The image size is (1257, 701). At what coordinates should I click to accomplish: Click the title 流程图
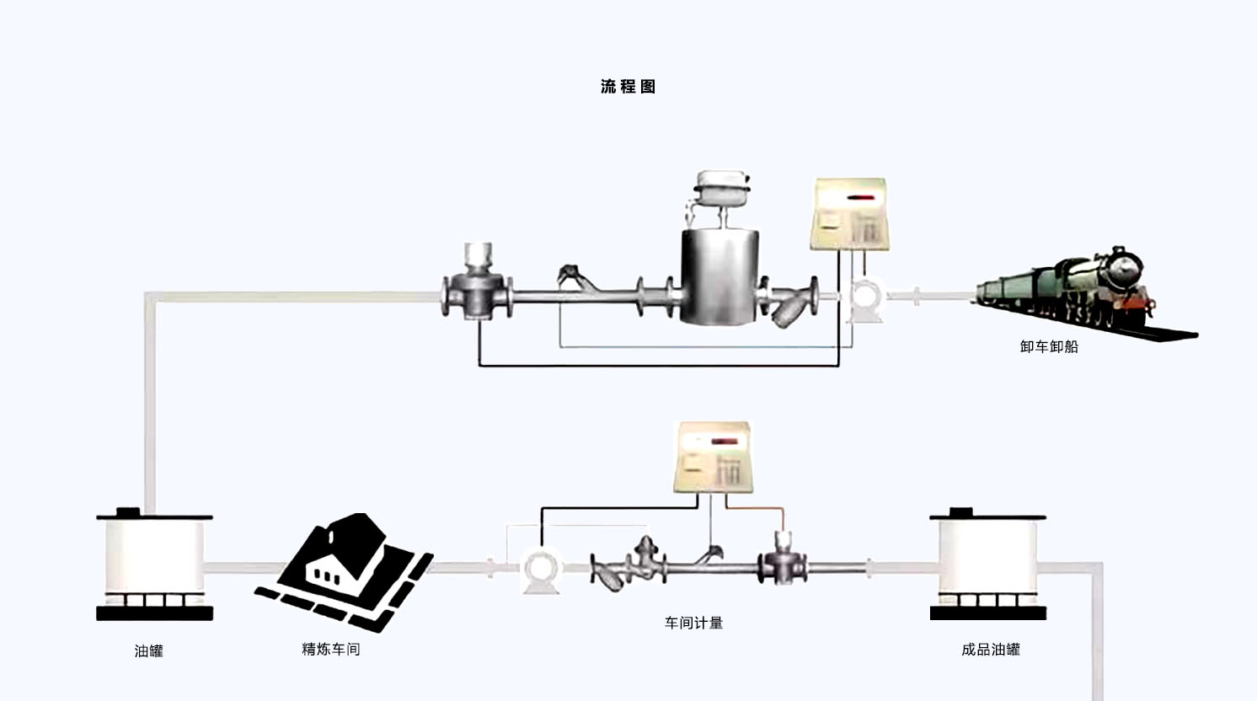628,87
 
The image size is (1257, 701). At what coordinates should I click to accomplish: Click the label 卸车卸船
1049,346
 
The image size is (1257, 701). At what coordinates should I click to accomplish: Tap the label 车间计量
693,623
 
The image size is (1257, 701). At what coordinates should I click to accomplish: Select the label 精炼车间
330,650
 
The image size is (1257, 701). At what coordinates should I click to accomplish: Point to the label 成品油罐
990,650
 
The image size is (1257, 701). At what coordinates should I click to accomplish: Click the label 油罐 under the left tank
149,650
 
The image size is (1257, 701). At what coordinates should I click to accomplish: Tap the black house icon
345,569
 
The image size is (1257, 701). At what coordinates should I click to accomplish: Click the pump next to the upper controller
865,300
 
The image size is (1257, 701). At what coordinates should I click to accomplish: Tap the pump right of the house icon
541,570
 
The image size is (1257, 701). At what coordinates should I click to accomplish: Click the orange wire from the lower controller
762,509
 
